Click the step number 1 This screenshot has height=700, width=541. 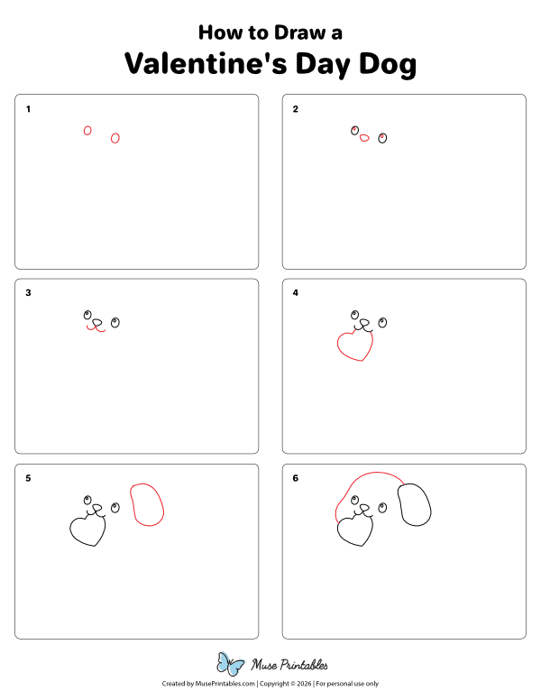(28, 109)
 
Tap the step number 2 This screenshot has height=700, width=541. (295, 109)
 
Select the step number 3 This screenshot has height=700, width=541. (28, 292)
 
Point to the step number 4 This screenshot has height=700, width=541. (295, 292)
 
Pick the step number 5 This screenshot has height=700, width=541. (28, 478)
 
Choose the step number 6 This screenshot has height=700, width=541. (295, 478)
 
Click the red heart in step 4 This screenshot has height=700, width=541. (353, 345)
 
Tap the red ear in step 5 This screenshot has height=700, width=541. (147, 505)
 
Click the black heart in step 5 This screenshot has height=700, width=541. (87, 530)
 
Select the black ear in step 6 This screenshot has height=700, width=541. (415, 505)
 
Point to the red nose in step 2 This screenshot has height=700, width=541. (364, 138)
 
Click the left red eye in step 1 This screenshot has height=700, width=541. (87, 131)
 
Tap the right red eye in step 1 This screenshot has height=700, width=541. (115, 138)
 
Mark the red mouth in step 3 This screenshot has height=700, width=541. (96, 329)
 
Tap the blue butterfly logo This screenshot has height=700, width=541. (230, 665)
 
